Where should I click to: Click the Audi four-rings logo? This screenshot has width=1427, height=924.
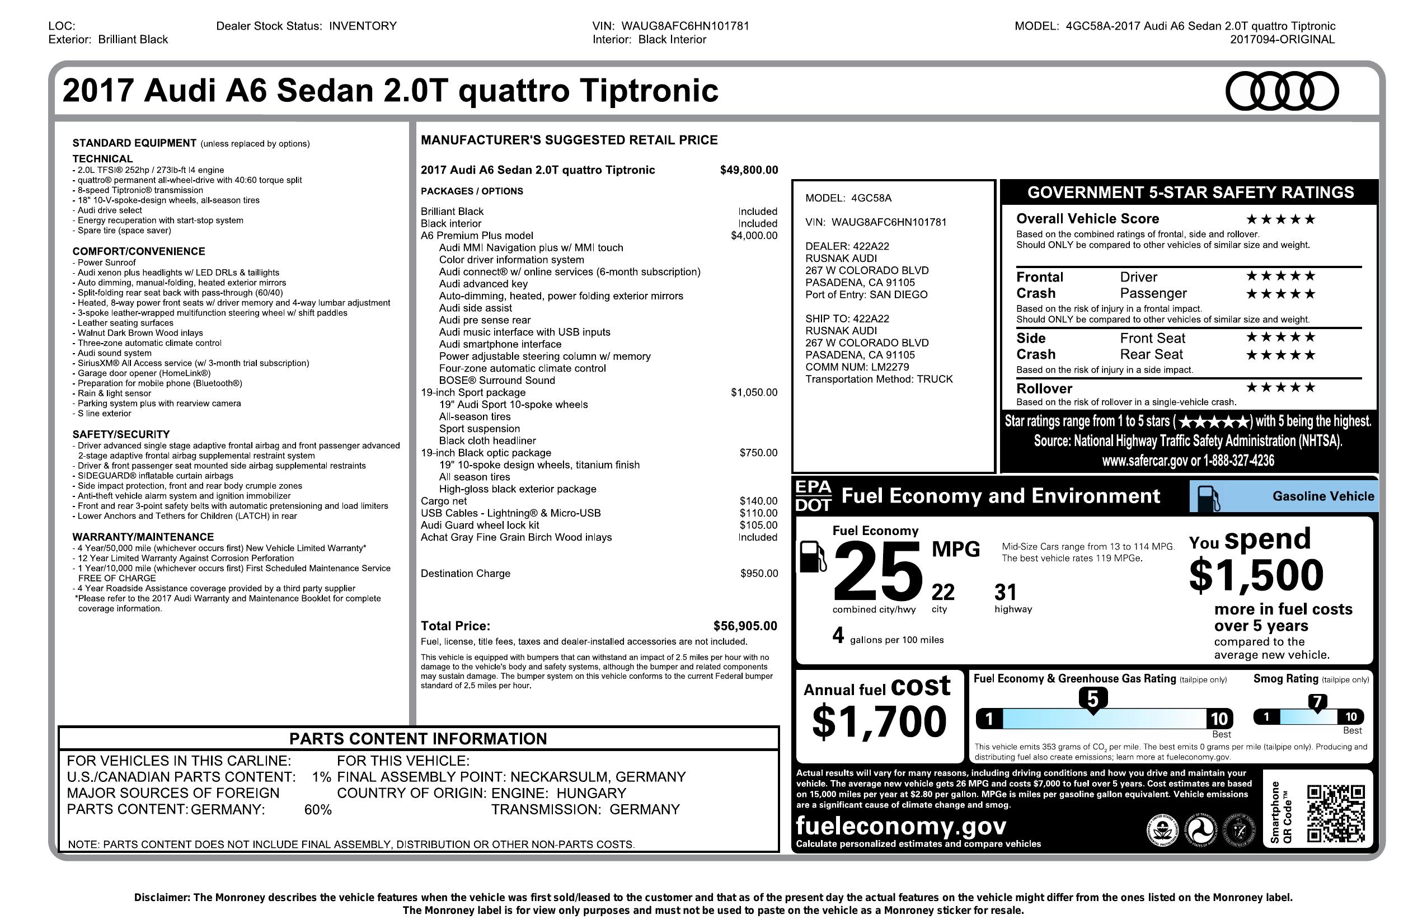1282,91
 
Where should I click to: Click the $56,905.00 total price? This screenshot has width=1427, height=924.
745,626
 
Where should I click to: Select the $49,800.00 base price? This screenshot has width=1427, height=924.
749,170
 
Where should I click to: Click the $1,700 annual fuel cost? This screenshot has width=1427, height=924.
879,721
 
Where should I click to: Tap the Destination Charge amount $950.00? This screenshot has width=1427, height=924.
759,573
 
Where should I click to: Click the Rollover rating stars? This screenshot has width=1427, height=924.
1281,387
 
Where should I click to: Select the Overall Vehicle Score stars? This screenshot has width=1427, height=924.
1281,219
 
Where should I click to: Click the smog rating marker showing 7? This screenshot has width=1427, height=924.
1317,702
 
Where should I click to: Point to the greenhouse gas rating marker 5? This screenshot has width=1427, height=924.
1092,699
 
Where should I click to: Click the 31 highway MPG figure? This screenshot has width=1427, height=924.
1006,593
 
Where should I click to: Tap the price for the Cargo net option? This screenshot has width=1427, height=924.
758,501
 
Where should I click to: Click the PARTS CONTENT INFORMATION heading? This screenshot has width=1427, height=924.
418,739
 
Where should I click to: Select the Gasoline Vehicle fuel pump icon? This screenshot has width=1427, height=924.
1208,497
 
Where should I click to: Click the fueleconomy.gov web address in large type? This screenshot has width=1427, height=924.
900,825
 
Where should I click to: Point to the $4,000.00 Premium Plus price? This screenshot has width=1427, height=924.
754,236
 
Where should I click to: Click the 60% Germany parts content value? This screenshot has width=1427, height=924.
318,809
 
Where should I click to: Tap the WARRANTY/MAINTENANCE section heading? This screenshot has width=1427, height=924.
143,537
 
